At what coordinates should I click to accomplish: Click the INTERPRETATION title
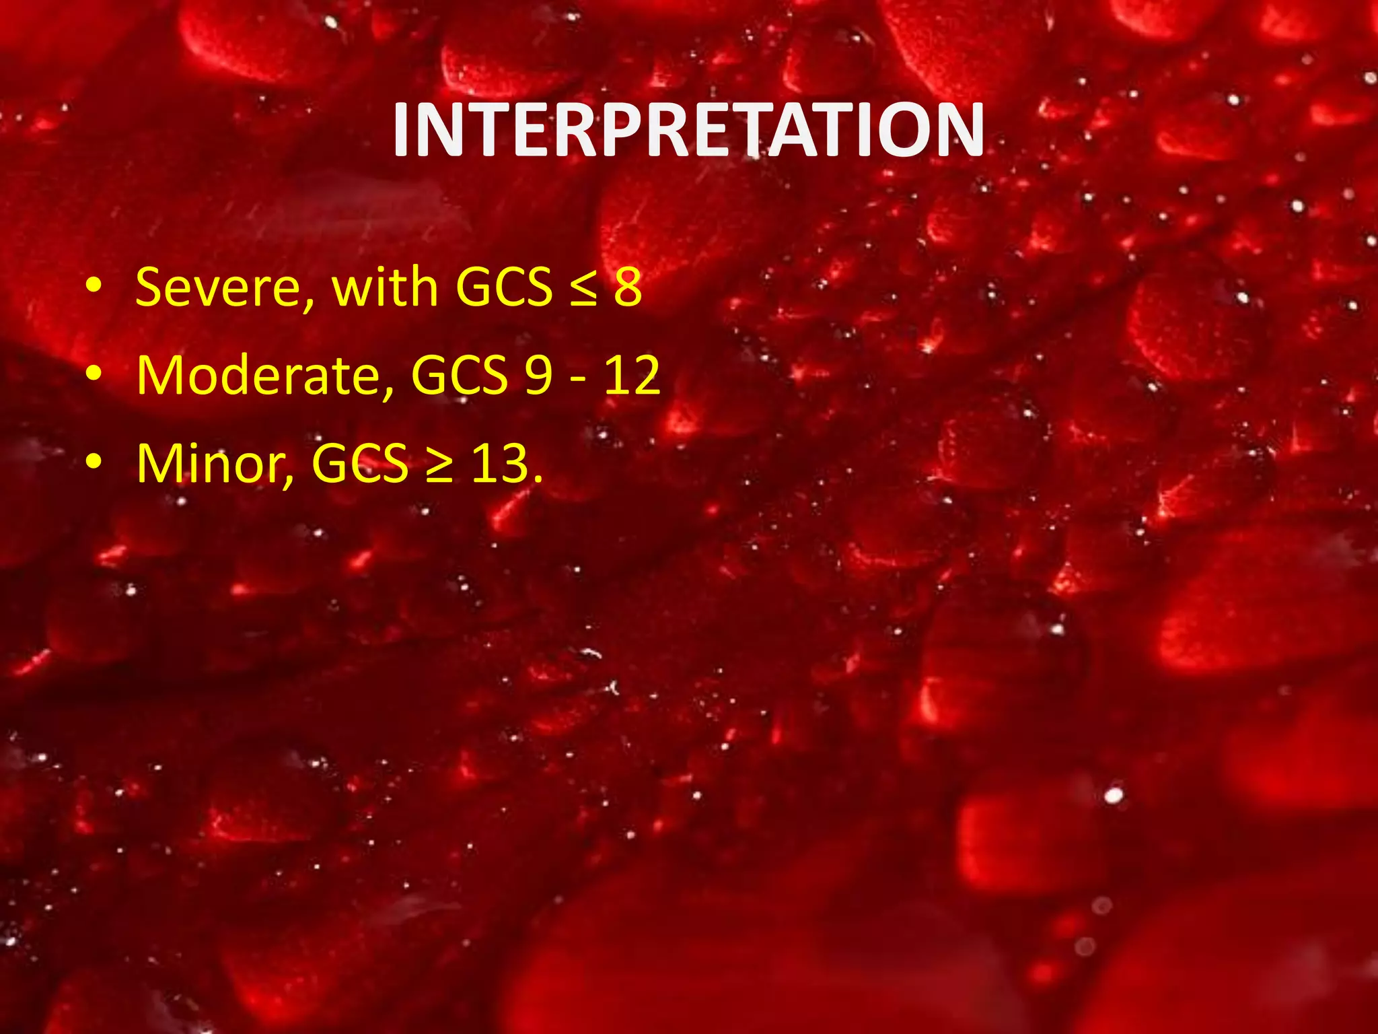[688, 131]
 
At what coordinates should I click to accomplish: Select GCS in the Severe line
[504, 287]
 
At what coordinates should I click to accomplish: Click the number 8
[628, 287]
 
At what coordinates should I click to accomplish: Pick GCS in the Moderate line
[460, 376]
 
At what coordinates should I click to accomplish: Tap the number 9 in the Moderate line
[539, 376]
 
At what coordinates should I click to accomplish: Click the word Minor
[211, 464]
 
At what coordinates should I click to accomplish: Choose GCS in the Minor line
[360, 464]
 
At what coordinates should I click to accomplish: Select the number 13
[500, 464]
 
